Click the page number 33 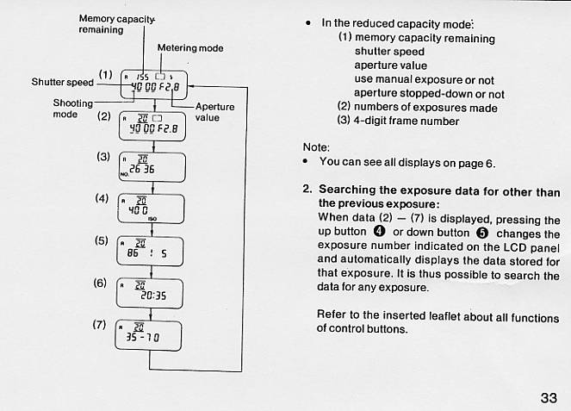click(549, 397)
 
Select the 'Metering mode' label click(189, 48)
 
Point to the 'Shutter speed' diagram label click(62, 82)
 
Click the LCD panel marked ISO click(150, 209)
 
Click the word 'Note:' click(316, 146)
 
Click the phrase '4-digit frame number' click(407, 121)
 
